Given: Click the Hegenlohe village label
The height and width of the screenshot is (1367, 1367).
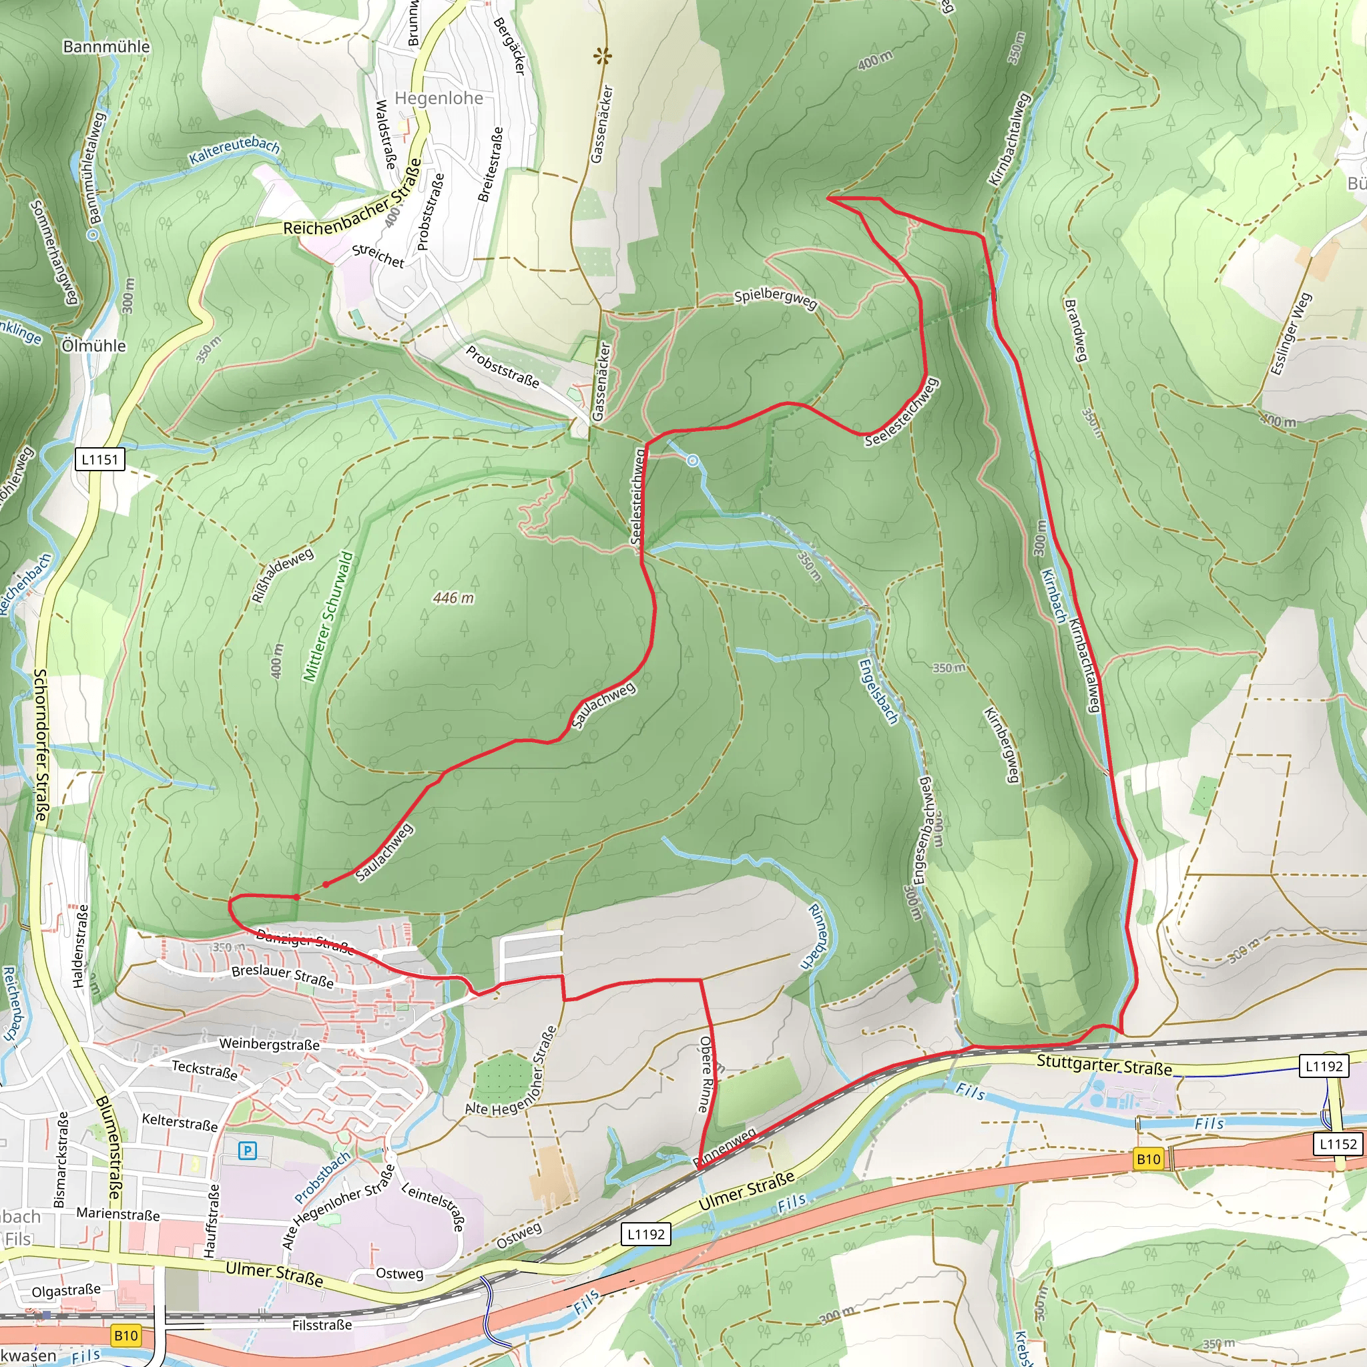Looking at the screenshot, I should (x=439, y=98).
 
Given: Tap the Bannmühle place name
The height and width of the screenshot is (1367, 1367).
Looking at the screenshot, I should (x=106, y=47).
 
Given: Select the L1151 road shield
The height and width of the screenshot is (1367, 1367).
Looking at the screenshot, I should (x=99, y=459).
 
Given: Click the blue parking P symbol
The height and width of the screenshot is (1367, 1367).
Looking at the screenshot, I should (x=247, y=1151).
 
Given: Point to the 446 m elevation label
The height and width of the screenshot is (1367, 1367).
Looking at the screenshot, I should (x=453, y=598).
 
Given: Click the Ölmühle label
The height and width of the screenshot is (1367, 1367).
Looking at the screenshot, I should (x=94, y=346).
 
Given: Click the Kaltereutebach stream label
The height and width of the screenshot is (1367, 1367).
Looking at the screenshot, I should (x=234, y=151).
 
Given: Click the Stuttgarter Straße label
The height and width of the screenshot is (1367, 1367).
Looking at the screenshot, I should (x=1104, y=1065).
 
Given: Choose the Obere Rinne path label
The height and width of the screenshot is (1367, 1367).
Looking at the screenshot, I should (x=708, y=1075).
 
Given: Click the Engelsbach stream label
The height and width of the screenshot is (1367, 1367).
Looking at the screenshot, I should (x=877, y=692).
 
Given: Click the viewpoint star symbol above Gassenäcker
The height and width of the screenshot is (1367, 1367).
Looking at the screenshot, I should (x=603, y=55).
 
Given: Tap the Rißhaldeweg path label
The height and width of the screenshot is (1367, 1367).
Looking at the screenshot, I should (x=282, y=576).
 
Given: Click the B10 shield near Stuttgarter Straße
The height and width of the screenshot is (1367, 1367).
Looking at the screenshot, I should (x=1148, y=1159).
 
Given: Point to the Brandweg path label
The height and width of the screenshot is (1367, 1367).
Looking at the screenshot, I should (x=1075, y=330).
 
